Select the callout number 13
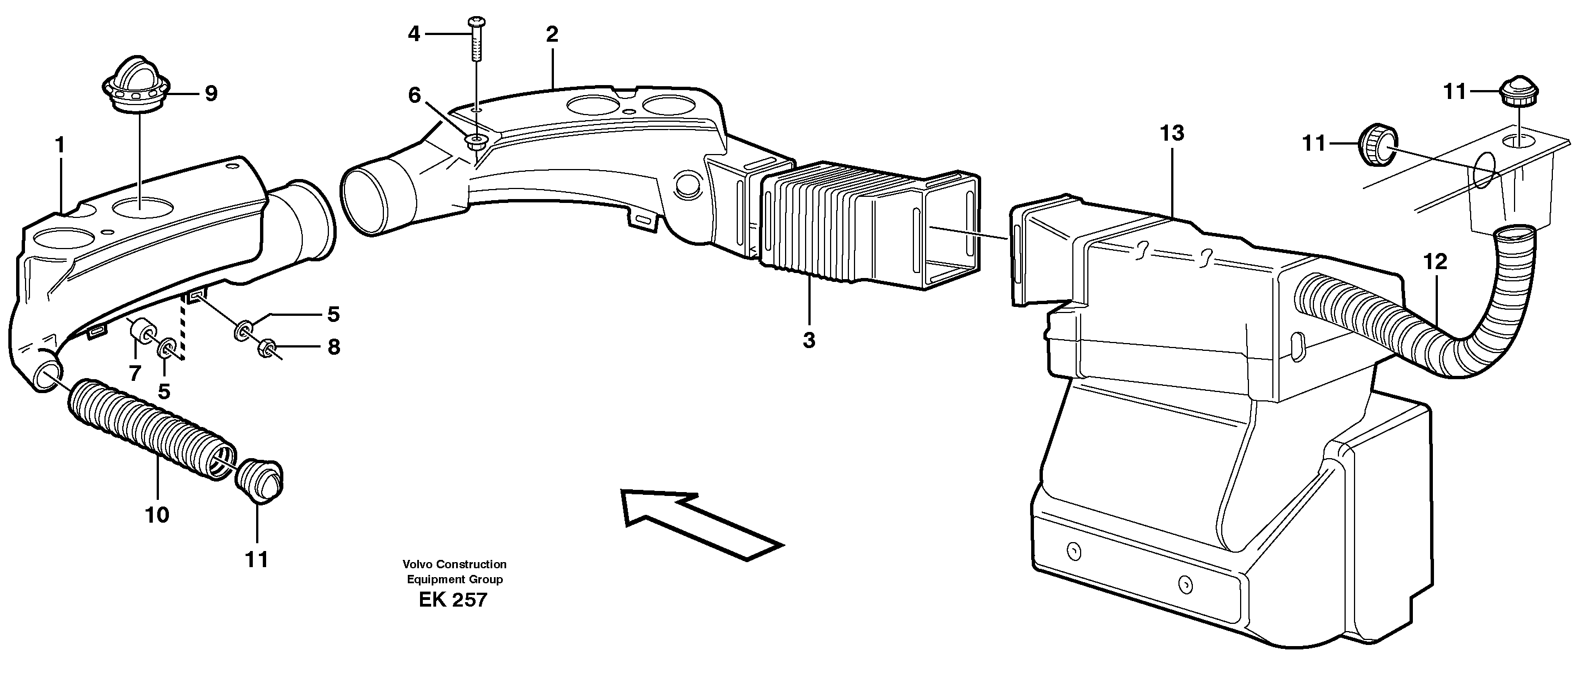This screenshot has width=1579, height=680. point(1171,133)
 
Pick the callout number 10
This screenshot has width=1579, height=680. point(157,515)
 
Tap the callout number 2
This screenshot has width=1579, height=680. point(552,35)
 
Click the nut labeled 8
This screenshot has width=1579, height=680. point(266,348)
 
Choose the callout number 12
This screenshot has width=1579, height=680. point(1435,262)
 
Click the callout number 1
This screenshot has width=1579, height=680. point(59,145)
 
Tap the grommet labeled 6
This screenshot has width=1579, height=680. point(476,142)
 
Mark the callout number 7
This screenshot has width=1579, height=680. point(135,372)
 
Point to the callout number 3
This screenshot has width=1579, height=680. point(809,340)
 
